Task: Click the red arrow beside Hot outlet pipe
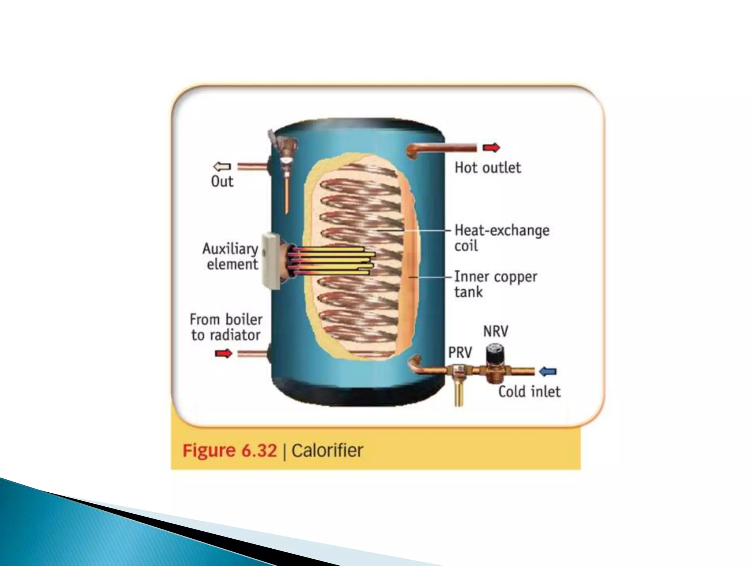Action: [x=491, y=148]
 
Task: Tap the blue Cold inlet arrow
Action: [x=548, y=371]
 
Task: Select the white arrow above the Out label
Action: [x=222, y=167]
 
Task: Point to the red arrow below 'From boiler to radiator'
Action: [x=223, y=354]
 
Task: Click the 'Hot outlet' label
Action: [x=488, y=168]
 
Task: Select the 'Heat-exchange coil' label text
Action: [x=501, y=238]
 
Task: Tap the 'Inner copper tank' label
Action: [x=496, y=284]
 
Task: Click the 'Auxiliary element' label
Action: [x=231, y=256]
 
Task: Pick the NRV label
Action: [x=496, y=331]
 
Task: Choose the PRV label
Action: [x=460, y=352]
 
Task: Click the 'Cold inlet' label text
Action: [x=529, y=391]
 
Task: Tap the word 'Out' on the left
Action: [x=222, y=181]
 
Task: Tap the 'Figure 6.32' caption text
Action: [x=229, y=450]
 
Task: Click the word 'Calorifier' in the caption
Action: [x=327, y=450]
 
